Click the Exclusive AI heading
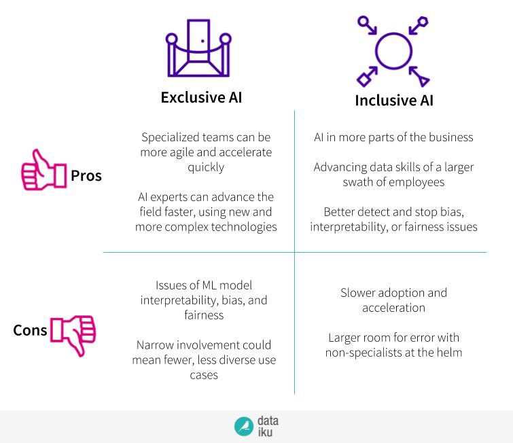201,97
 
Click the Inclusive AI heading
394,100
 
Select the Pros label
86,175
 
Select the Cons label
30,330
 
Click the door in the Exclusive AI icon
199,42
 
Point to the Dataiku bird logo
244,426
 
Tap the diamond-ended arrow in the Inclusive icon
370,74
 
